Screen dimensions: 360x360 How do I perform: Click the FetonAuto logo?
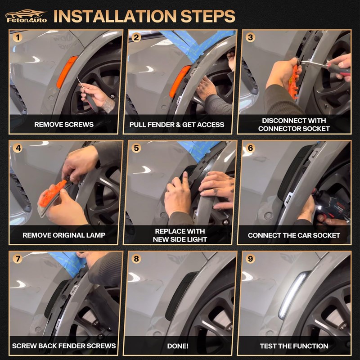pyautogui.click(x=26, y=16)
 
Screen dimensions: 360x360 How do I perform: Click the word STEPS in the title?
pyautogui.click(x=208, y=16)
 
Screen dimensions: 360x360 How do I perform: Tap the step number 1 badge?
pyautogui.click(x=18, y=37)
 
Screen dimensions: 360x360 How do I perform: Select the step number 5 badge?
pyautogui.click(x=136, y=148)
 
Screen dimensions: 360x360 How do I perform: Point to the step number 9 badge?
pyautogui.click(x=250, y=259)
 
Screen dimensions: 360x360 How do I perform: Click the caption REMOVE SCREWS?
pyautogui.click(x=64, y=125)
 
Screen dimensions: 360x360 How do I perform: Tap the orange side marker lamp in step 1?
pyautogui.click(x=67, y=72)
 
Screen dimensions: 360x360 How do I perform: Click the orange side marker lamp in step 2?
pyautogui.click(x=180, y=81)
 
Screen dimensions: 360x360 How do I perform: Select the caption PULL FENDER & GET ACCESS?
pyautogui.click(x=176, y=125)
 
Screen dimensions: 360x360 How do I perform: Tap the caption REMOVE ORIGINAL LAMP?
pyautogui.click(x=64, y=235)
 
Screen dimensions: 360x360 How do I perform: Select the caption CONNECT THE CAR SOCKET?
pyautogui.click(x=294, y=235)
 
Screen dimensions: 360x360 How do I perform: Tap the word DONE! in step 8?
pyautogui.click(x=178, y=346)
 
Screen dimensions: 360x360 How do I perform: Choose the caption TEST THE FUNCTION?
pyautogui.click(x=294, y=346)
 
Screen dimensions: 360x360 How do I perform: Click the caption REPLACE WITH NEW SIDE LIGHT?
pyautogui.click(x=180, y=235)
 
